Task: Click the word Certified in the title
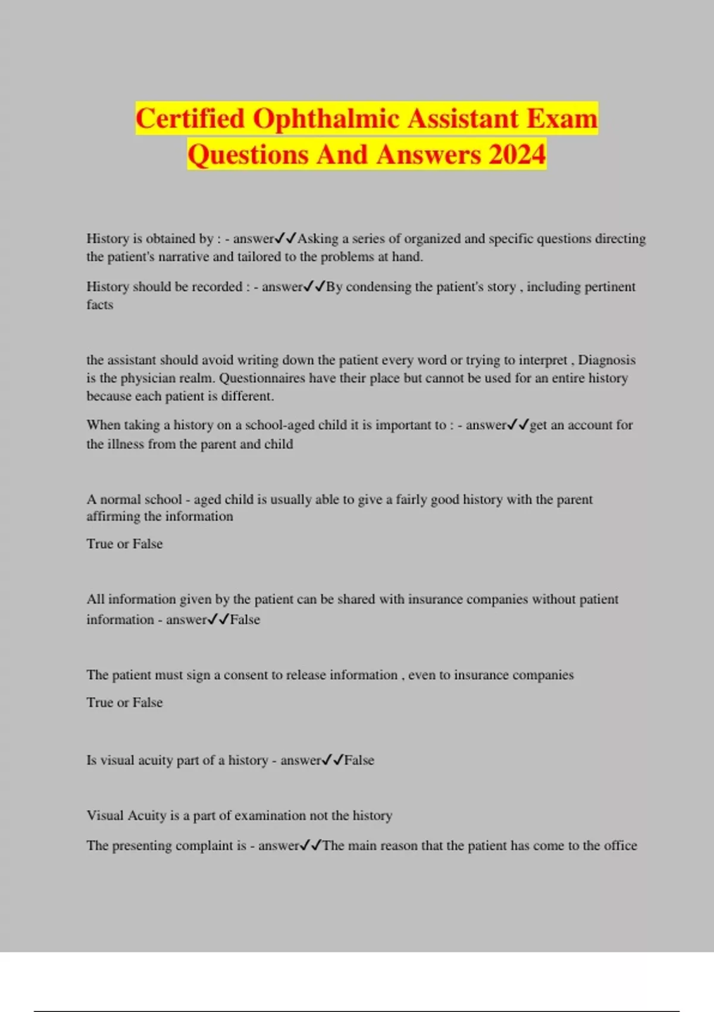190,118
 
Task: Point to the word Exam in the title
562,118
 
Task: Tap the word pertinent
609,287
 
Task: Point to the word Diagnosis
607,360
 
